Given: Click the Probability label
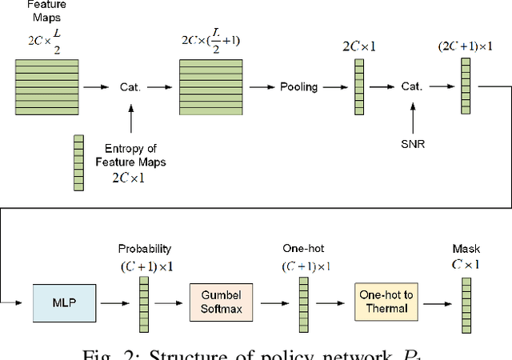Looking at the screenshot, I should (145, 249).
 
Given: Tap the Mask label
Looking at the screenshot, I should (465, 249).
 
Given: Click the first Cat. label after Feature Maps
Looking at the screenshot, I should (131, 86).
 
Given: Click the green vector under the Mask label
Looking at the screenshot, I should (466, 305).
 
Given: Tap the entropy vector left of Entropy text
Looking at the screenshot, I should (78, 163).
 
